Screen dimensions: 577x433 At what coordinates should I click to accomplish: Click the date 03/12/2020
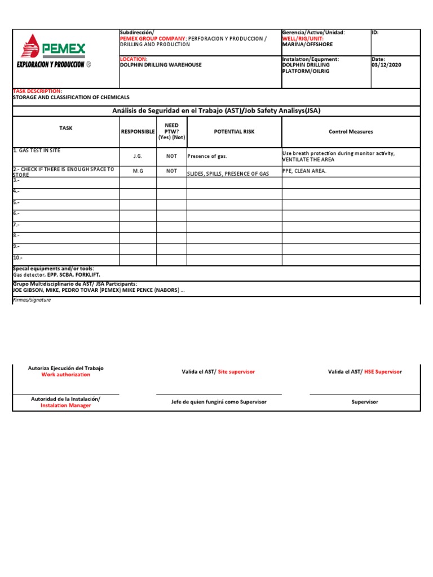[x=386, y=65]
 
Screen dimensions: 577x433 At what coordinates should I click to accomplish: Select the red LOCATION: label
[x=134, y=59]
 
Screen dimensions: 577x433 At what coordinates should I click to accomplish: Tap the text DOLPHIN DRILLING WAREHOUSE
[x=161, y=65]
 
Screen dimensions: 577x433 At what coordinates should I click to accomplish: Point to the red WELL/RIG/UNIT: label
[x=302, y=38]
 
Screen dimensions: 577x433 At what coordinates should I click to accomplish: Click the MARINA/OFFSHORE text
[x=307, y=45]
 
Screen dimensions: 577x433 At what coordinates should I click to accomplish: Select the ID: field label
[x=375, y=33]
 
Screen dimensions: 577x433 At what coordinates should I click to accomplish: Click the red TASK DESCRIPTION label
[x=37, y=91]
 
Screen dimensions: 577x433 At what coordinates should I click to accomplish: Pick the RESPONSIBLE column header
[x=138, y=131]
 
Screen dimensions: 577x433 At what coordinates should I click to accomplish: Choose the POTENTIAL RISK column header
[x=234, y=131]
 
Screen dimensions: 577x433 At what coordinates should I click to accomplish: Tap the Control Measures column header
[x=351, y=131]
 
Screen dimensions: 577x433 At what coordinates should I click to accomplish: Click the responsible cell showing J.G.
[x=138, y=156]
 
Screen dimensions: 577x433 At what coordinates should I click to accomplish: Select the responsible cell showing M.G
[x=138, y=171]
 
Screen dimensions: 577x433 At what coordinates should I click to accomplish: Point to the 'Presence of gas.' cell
[x=207, y=156]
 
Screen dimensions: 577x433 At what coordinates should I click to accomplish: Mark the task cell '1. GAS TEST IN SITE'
[x=37, y=150]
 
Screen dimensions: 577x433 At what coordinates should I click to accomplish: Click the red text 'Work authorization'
[x=65, y=375]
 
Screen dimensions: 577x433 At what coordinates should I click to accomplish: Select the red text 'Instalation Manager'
[x=65, y=405]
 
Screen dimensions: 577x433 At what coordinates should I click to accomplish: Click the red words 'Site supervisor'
[x=236, y=371]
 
